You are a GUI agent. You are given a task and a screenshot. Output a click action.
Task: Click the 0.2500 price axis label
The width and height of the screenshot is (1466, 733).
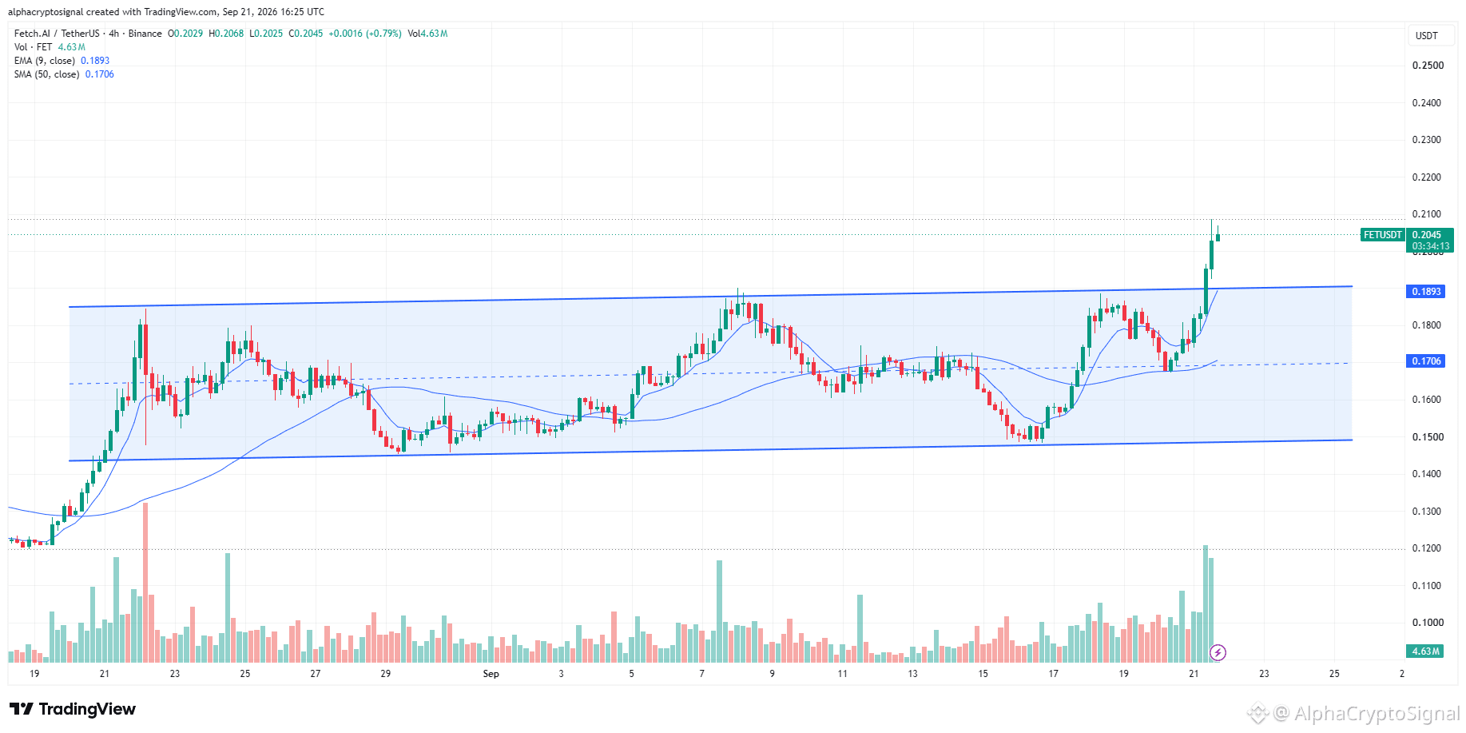pos(1428,66)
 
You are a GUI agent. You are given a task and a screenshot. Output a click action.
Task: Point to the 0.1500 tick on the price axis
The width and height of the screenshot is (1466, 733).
pos(1428,437)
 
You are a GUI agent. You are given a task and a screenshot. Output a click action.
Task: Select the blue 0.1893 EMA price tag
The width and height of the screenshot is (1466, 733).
pos(1426,292)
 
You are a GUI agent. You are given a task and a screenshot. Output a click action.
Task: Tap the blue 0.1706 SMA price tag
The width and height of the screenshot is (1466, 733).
pos(1426,361)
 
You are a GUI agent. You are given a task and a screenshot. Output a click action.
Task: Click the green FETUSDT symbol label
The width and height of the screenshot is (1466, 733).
pos(1383,235)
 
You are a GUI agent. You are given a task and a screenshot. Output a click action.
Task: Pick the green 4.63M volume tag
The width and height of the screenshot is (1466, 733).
pos(1426,651)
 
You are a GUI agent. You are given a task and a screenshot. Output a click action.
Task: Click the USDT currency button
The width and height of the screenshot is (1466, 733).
pos(1427,36)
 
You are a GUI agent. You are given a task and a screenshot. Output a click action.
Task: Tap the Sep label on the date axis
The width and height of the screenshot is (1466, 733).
pos(491,674)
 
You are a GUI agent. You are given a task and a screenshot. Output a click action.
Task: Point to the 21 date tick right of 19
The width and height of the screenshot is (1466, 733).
pos(105,674)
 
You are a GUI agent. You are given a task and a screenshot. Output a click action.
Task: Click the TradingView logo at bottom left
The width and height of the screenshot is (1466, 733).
pos(73,709)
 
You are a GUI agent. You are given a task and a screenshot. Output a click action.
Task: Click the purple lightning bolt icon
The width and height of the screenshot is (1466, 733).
pos(1218,653)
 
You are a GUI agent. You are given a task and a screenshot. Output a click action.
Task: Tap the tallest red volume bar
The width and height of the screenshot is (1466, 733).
pos(145,583)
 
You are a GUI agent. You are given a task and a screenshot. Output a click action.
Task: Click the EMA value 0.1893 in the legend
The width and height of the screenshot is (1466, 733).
pos(95,61)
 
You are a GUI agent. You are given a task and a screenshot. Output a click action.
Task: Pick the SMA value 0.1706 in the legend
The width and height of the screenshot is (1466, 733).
pos(100,74)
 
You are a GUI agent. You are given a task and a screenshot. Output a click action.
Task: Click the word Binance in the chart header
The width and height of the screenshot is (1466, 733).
pos(145,34)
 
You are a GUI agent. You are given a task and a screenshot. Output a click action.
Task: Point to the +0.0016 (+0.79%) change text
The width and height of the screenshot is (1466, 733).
pos(365,34)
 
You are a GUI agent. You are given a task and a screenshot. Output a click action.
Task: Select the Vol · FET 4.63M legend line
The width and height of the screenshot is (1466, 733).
pos(50,47)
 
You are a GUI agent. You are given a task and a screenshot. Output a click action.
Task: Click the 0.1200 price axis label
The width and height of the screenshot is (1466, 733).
pos(1428,548)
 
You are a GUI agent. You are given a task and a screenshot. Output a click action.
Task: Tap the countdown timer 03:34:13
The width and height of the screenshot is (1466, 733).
pos(1430,246)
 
